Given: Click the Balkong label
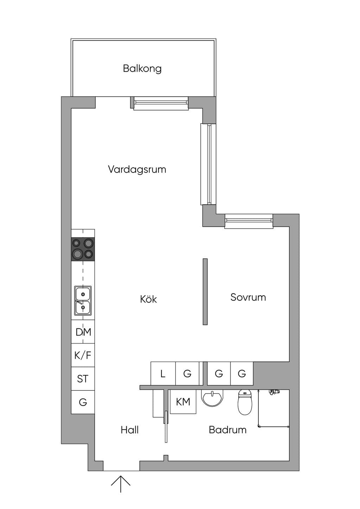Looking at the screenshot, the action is coord(142,69).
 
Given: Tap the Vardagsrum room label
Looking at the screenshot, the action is coord(137,169).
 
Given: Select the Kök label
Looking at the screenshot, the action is coord(148,299).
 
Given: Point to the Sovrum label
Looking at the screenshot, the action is coord(248,297).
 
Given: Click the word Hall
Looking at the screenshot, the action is coord(129,430).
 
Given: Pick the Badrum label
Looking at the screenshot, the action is coord(228,430).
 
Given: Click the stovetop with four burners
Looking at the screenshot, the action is coord(83,249).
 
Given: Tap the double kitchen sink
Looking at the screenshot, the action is coord(83,301).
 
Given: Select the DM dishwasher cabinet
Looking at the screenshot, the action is coord(83,332).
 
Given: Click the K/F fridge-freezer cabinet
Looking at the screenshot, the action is coord(83,355).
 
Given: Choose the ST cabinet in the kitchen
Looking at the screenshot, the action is coord(83,379).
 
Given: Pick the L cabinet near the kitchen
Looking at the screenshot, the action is coord(163,373).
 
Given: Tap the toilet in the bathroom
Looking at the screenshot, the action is coord(245,402).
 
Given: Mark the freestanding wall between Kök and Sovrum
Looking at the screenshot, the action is coord(205,291).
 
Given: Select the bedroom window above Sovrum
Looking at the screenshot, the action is coord(249,221).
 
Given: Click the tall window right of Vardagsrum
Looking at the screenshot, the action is coord(208,164).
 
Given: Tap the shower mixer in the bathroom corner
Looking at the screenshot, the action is coord(274,392).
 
